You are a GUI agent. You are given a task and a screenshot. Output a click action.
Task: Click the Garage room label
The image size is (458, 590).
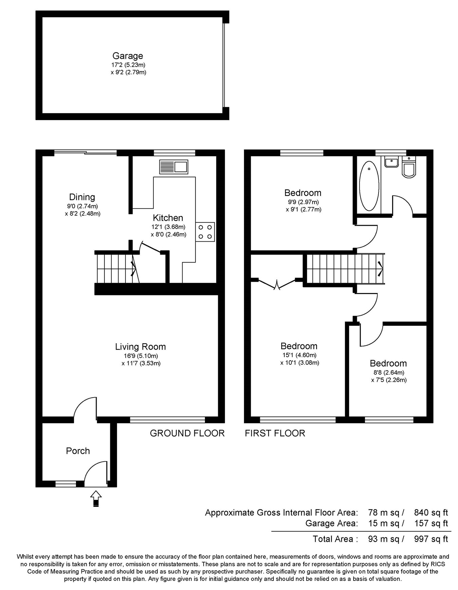click(128, 56)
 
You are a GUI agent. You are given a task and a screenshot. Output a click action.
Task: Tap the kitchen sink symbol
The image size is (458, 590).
click(173, 167)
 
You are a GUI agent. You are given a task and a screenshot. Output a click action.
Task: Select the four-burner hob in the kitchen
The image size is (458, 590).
click(205, 232)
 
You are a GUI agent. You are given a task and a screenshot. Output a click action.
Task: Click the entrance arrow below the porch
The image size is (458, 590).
click(96, 498)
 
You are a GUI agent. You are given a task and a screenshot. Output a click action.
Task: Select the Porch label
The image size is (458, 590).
click(78, 451)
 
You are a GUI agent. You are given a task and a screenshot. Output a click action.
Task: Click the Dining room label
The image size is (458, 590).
click(82, 197)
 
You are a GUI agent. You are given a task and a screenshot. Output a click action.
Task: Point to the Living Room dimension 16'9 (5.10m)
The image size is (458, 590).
click(141, 356)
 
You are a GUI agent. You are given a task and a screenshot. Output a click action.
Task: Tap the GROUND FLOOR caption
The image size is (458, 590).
click(187, 433)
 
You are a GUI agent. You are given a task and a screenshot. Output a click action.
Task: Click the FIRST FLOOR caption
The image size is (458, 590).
click(275, 433)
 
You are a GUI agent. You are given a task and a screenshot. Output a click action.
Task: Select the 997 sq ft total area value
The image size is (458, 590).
click(431, 539)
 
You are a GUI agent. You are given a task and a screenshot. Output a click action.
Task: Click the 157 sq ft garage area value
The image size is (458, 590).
click(431, 523)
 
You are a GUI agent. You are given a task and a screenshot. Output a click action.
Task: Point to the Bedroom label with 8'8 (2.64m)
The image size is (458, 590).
click(388, 364)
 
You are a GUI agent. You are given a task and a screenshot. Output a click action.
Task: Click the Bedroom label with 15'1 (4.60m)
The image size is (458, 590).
click(299, 346)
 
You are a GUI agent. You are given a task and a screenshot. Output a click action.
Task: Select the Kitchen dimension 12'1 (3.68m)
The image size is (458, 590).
click(168, 227)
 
